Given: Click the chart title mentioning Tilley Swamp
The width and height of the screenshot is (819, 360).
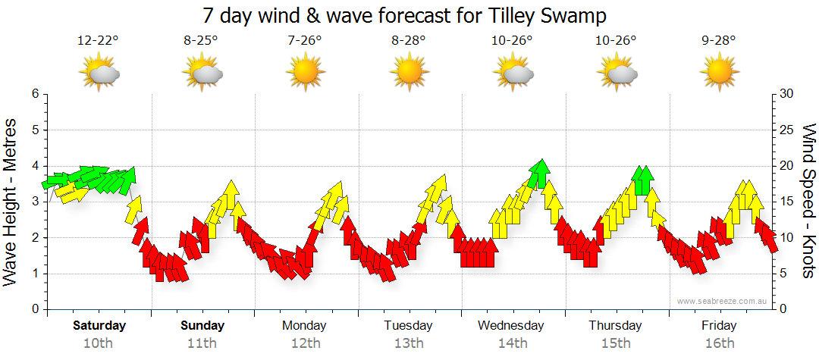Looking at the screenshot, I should (405, 15).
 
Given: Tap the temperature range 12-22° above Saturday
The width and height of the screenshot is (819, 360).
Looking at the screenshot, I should (98, 41).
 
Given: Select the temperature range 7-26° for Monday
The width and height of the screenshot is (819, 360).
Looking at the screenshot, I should (305, 41).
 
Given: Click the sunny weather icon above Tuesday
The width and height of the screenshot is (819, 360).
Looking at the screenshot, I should (409, 73).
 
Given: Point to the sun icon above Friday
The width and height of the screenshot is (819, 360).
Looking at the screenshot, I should (719, 73).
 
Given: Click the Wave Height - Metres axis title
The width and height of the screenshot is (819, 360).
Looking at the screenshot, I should (11, 201).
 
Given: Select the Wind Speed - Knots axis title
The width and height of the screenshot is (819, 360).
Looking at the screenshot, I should (808, 201).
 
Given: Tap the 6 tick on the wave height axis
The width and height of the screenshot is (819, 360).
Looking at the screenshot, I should (34, 94).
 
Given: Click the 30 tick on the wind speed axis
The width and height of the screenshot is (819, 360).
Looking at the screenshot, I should (787, 94).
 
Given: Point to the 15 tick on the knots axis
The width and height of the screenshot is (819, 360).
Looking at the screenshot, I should (787, 202).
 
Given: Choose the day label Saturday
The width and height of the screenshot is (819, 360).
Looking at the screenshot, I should (99, 326).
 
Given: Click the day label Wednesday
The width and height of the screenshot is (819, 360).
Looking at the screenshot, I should (511, 326).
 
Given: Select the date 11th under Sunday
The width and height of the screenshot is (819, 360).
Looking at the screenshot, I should (202, 343).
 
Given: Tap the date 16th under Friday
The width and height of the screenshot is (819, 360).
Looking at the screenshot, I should (719, 343).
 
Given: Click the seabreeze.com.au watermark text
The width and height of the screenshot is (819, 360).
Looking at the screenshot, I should (722, 301).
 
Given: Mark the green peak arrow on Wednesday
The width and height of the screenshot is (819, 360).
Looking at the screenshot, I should (539, 174).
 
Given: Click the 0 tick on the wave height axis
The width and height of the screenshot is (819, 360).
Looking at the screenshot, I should (34, 309).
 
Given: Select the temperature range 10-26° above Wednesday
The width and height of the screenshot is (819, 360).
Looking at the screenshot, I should (512, 41).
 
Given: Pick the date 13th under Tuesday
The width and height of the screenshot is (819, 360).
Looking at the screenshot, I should (409, 343).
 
